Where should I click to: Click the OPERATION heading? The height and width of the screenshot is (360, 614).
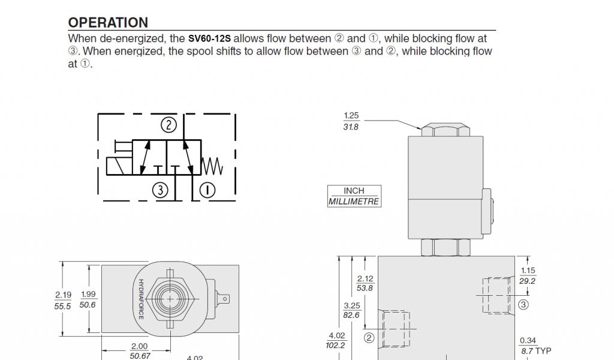[x=108, y=22]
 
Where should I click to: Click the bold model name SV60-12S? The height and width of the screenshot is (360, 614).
[x=209, y=39]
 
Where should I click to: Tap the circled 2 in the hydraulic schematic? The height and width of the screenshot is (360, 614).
[x=168, y=125]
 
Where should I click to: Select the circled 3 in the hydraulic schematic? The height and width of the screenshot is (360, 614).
[x=160, y=190]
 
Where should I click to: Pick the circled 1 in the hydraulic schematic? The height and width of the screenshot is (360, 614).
[x=207, y=190]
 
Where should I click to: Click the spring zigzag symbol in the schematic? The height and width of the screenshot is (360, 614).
[x=212, y=166]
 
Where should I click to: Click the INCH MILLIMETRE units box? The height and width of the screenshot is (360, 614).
[x=354, y=196]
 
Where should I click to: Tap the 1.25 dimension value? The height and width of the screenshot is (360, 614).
[x=351, y=116]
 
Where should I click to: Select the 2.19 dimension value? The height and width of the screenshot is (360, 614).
[x=63, y=295]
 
